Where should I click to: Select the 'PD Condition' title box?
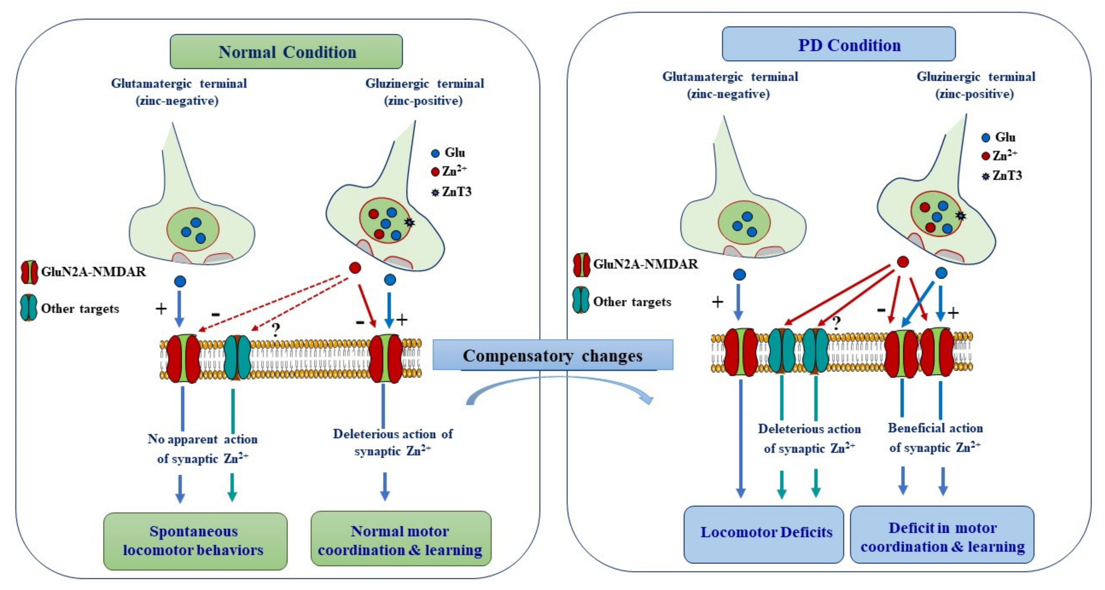pyautogui.click(x=839, y=45)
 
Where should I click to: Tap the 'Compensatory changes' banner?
pyautogui.click(x=553, y=355)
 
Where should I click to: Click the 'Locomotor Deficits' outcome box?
pyautogui.click(x=764, y=533)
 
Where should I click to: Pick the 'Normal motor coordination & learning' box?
pyautogui.click(x=401, y=540)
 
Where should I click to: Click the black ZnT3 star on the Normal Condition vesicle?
pyautogui.click(x=410, y=222)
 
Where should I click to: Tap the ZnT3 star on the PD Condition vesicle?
pyautogui.click(x=960, y=216)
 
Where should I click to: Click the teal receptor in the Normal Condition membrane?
pyautogui.click(x=237, y=357)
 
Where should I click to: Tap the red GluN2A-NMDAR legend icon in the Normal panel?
pyautogui.click(x=29, y=272)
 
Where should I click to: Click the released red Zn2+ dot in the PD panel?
pyautogui.click(x=903, y=261)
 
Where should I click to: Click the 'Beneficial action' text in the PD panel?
pyautogui.click(x=935, y=428)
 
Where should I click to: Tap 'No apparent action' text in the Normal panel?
pyautogui.click(x=202, y=439)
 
